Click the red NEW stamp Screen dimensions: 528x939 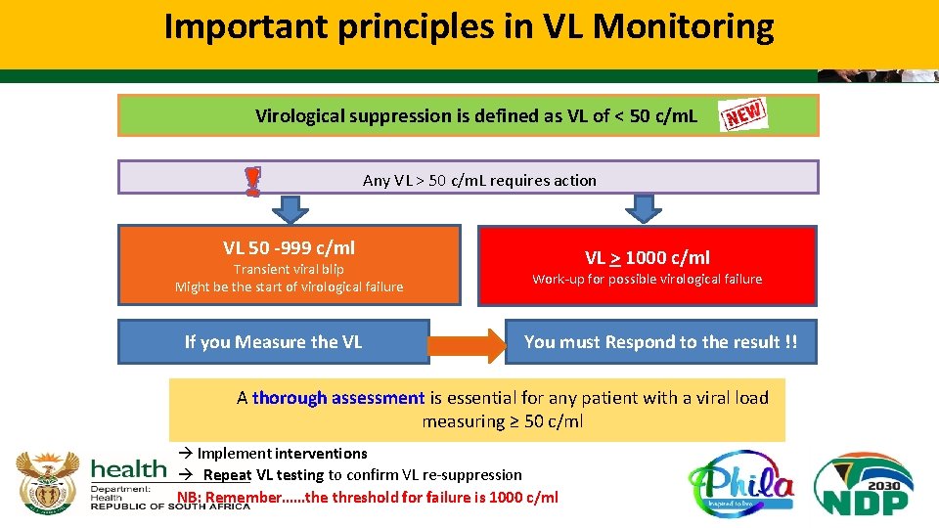point(743,115)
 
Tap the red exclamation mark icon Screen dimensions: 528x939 point(252,181)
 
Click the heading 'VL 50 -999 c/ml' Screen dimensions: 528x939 point(289,247)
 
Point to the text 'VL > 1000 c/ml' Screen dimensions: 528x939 point(647,257)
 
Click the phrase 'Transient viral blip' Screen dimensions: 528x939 point(289,269)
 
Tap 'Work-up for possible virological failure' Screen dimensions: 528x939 point(647,280)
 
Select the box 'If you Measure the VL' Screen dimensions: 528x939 point(273,342)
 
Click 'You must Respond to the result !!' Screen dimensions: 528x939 point(660,342)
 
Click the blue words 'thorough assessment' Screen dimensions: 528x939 point(338,398)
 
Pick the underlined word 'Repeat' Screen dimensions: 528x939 point(227,475)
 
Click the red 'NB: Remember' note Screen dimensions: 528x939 point(367,497)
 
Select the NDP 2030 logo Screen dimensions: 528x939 point(864,484)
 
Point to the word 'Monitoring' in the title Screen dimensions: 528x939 point(683,26)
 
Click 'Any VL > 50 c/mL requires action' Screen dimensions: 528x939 point(479,180)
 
